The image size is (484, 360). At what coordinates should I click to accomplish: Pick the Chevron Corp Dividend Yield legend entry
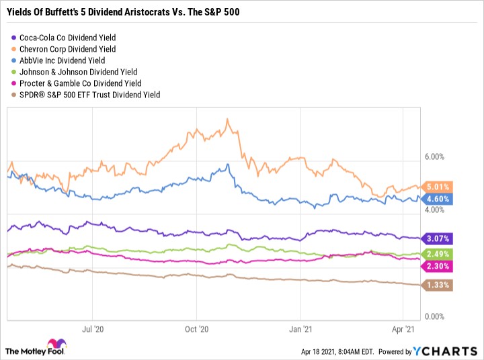tap(67, 49)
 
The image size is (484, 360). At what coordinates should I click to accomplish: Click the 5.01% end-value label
tap(438, 187)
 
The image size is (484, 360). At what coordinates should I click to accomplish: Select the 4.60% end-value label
tap(438, 199)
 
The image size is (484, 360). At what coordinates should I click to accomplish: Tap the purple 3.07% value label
tap(438, 238)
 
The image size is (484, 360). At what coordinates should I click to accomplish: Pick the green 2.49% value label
tap(438, 254)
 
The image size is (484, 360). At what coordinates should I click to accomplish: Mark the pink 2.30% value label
tap(438, 266)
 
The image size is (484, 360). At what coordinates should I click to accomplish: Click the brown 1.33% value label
tap(438, 285)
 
